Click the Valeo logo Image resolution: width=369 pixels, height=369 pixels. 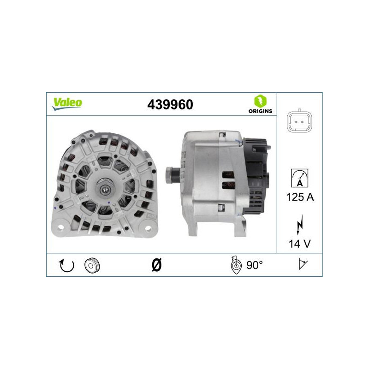pos(66,103)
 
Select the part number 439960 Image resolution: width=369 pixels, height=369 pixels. pos(170,105)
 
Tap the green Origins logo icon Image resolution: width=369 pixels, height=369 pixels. pos(260,101)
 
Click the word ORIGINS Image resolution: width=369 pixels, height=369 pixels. pos(260,111)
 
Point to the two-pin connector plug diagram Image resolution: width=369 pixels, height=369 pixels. pos(299,121)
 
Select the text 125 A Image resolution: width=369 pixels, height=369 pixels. pos(300,197)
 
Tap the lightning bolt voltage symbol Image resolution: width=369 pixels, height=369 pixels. pos(300,225)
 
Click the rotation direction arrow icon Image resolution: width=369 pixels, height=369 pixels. pos(66,265)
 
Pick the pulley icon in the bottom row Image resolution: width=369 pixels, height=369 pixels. pos(92,265)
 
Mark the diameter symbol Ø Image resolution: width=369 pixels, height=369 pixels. pos(156,265)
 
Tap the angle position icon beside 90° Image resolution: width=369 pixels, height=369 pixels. pos(236,265)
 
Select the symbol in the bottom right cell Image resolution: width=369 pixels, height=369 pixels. pos(303,265)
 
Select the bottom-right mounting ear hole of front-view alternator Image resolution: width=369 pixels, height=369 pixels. pos(149,226)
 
